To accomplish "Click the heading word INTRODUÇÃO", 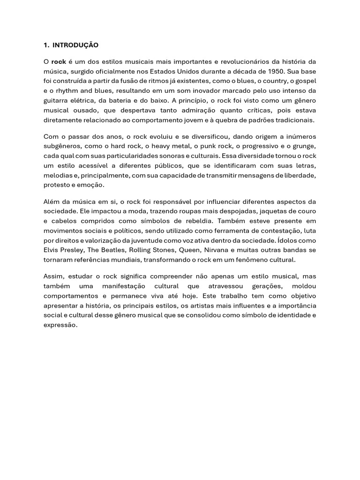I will pyautogui.click(x=75, y=45).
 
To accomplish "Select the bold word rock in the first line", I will pyautogui.click(x=59, y=62).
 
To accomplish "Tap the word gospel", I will pyautogui.click(x=305, y=81).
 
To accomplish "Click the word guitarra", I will pyautogui.click(x=57, y=101).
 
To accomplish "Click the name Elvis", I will pyautogui.click(x=52, y=250).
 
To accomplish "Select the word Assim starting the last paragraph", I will pyautogui.click(x=52, y=276).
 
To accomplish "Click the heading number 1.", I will pyautogui.click(x=45, y=45).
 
